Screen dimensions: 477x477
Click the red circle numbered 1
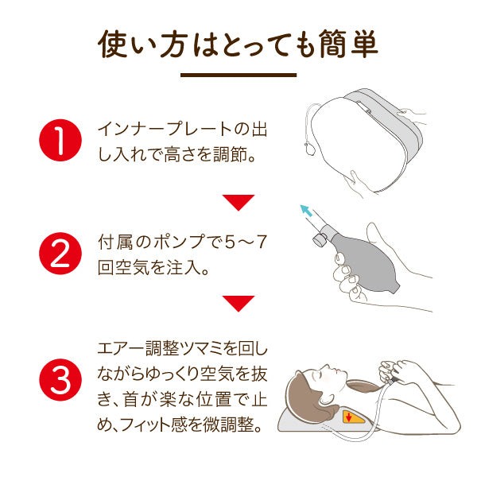[60, 139]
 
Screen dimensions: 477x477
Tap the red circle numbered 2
[60, 253]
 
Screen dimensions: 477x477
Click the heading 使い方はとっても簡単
[238, 45]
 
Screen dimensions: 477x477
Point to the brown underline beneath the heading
[238, 76]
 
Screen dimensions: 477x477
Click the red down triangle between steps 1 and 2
[238, 203]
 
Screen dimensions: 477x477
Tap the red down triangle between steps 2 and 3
[238, 303]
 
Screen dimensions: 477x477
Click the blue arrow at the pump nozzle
[304, 211]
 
